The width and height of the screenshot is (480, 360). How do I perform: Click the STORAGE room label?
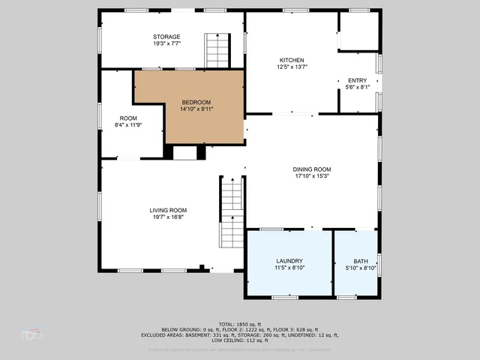(x=166, y=37)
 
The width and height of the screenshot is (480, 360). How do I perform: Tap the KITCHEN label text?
(x=292, y=60)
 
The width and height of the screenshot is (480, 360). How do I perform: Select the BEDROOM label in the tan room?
(x=196, y=102)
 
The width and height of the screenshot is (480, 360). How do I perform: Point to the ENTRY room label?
(x=357, y=80)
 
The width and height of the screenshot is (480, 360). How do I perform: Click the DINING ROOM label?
(x=311, y=169)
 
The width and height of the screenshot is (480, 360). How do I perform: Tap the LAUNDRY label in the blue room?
(x=289, y=261)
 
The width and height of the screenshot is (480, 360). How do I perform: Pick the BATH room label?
(x=355, y=261)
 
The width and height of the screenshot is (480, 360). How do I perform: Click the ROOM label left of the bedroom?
(x=128, y=118)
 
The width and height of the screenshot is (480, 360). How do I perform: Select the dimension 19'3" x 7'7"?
(x=166, y=43)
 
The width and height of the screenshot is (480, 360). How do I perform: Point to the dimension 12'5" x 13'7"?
(x=292, y=67)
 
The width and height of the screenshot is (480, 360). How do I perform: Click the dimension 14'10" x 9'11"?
(x=196, y=109)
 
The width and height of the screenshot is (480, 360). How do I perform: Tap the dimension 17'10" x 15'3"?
(x=311, y=176)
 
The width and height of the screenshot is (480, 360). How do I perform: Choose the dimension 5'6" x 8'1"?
(x=357, y=87)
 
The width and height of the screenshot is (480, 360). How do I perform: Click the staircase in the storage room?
(x=217, y=51)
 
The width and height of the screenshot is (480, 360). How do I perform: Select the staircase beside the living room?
(x=232, y=214)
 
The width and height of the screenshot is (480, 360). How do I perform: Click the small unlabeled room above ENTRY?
(x=357, y=31)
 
